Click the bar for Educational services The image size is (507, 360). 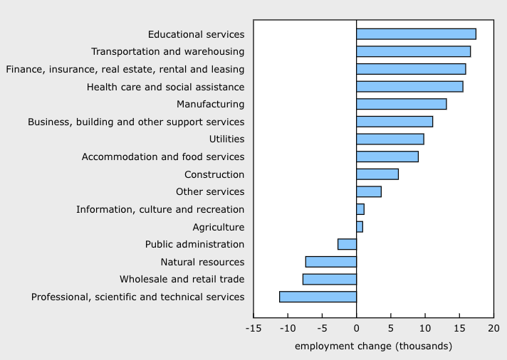click(416, 34)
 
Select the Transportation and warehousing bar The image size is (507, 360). click(413, 51)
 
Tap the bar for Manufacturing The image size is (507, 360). click(401, 104)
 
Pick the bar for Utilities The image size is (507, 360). click(390, 139)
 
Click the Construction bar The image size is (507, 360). click(377, 174)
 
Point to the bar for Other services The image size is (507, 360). click(368, 191)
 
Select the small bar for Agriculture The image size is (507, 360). click(360, 227)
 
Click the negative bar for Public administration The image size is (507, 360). click(347, 244)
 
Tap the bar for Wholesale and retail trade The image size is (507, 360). click(329, 279)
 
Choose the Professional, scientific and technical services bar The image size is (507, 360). click(318, 297)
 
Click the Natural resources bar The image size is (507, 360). click(330, 262)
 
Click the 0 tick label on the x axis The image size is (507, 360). click(356, 329)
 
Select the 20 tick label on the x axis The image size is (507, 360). click(493, 329)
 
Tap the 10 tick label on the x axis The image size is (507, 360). click(424, 329)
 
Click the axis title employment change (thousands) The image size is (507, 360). click(372, 346)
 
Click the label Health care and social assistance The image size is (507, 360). click(165, 87)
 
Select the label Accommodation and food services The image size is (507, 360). click(163, 157)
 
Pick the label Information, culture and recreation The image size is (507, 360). click(160, 209)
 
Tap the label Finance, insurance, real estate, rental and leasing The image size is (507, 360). click(125, 69)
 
